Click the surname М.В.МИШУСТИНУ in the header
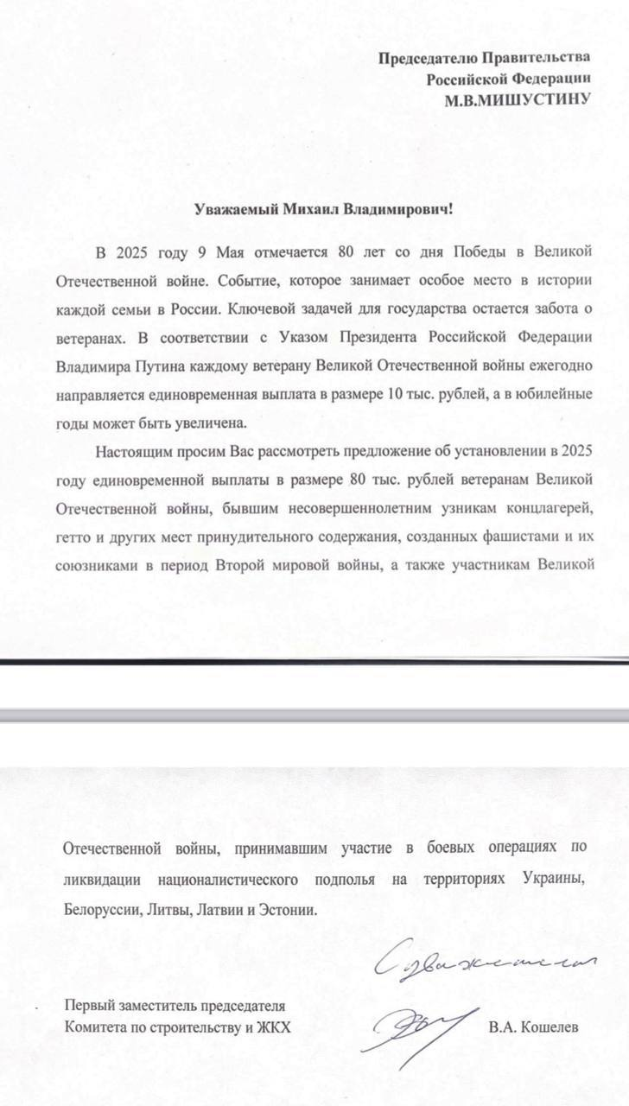(517, 99)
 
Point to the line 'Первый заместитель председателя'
(175, 1006)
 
